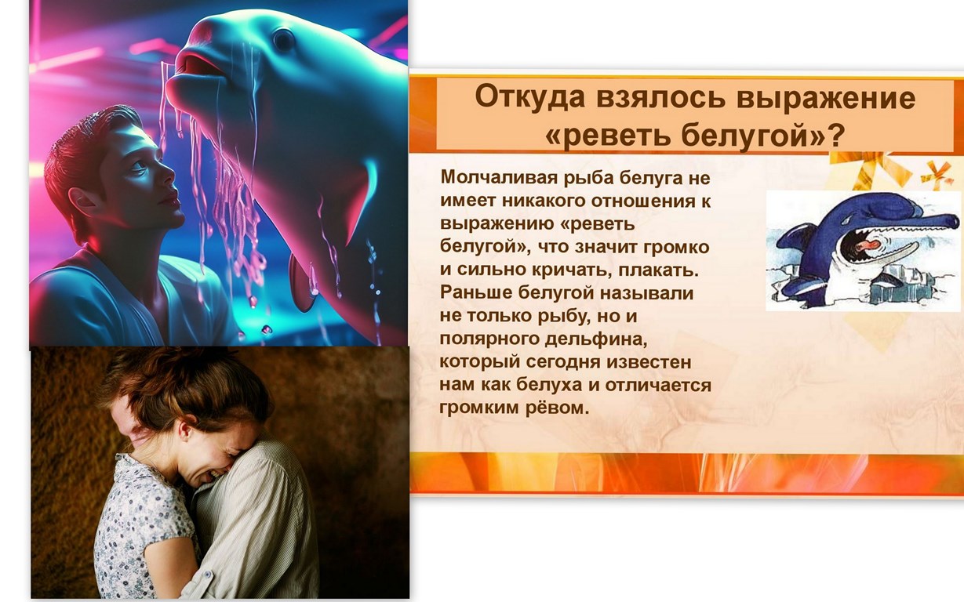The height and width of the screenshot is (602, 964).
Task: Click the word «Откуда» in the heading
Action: point(530,98)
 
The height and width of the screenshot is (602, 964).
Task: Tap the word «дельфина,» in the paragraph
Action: point(596,339)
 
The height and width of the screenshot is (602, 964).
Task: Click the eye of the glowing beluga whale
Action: point(284,39)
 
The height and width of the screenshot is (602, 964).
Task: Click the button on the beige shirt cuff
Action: point(207,575)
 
